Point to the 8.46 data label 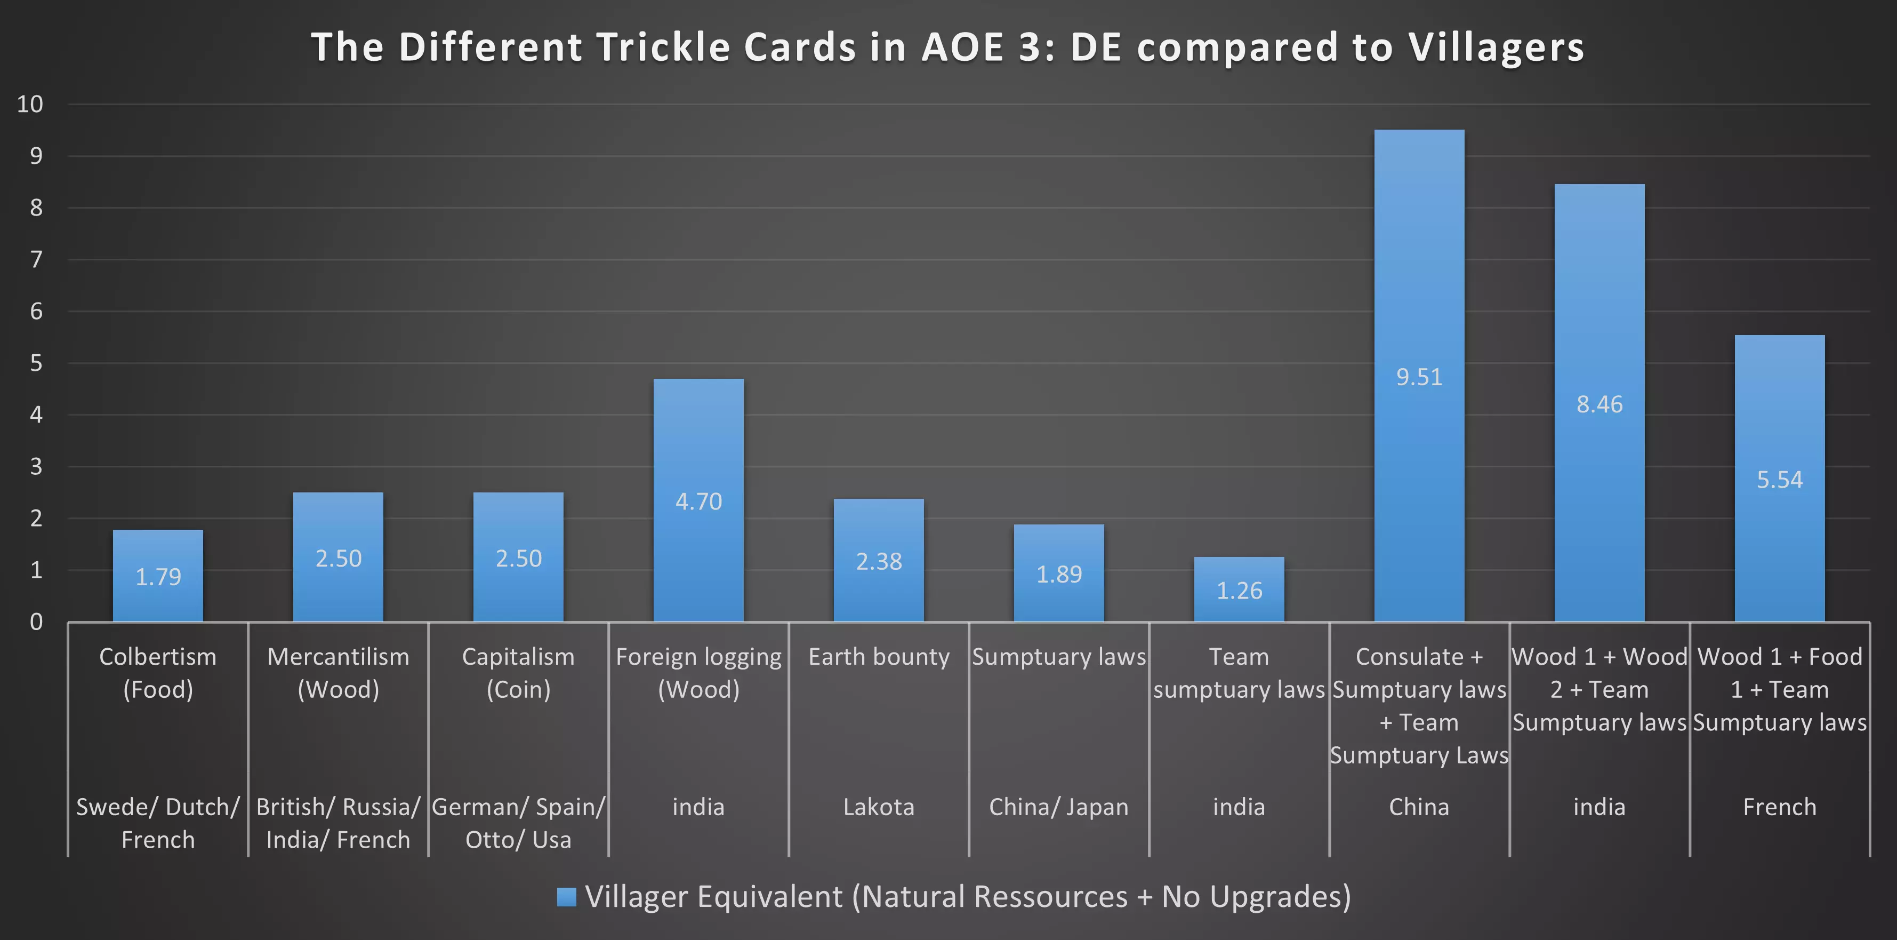tap(1599, 404)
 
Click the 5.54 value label tap(1779, 480)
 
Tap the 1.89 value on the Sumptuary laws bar tap(1058, 574)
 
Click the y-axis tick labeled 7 tap(35, 259)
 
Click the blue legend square tap(566, 897)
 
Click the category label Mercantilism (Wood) tap(338, 673)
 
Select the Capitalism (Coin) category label tap(518, 673)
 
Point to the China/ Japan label tap(1058, 807)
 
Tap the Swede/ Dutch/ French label tap(158, 823)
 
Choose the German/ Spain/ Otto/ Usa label tap(518, 823)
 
